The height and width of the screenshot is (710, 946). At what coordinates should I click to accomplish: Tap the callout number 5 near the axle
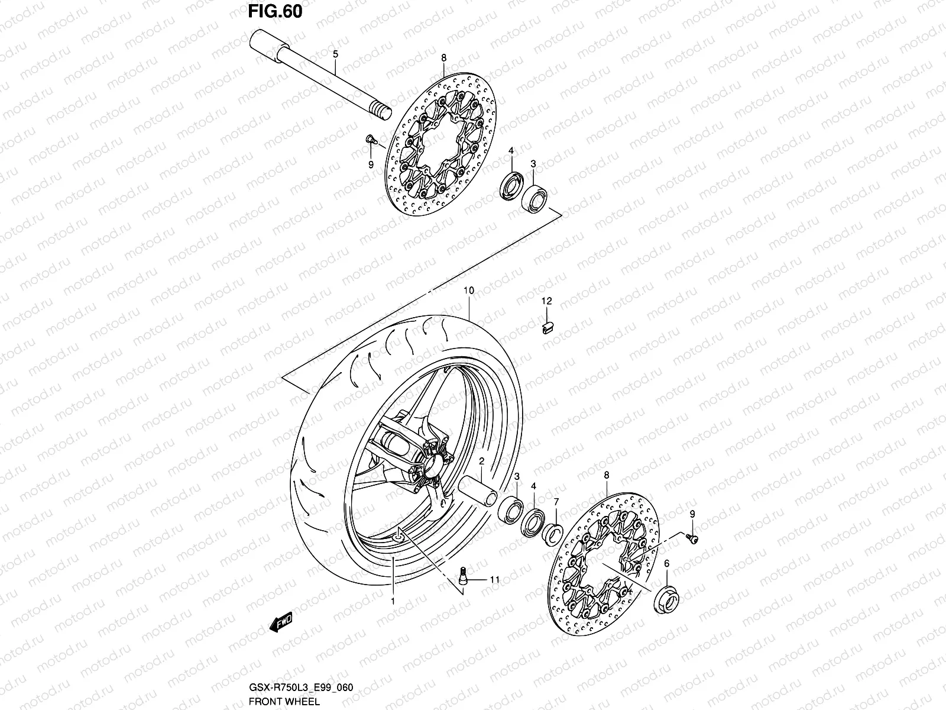tap(335, 54)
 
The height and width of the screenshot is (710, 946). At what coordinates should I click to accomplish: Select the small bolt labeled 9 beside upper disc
tap(371, 140)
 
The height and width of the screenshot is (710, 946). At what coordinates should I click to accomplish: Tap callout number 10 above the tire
tap(469, 291)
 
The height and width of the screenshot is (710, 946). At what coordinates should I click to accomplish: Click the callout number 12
tap(547, 301)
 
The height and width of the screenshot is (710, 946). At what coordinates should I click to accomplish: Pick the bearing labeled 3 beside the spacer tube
tap(511, 509)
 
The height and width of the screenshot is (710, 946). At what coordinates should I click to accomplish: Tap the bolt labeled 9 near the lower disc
tap(691, 537)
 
